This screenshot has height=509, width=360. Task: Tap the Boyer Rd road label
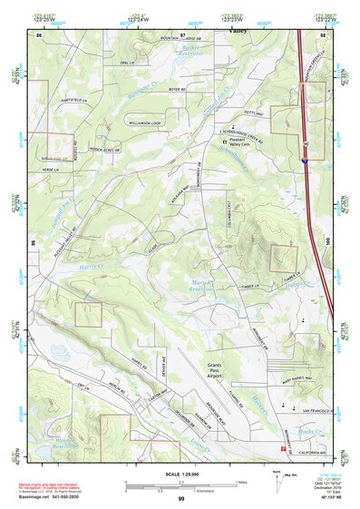176,89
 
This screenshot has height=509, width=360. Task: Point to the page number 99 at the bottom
180,499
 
